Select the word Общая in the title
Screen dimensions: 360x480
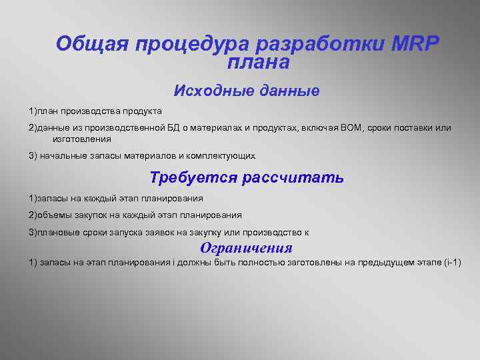click(x=91, y=44)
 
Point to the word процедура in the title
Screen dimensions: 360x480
click(x=194, y=44)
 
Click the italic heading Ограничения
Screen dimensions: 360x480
click(x=246, y=248)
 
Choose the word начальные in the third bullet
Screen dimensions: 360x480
click(x=61, y=156)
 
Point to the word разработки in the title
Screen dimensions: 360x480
click(x=315, y=44)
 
